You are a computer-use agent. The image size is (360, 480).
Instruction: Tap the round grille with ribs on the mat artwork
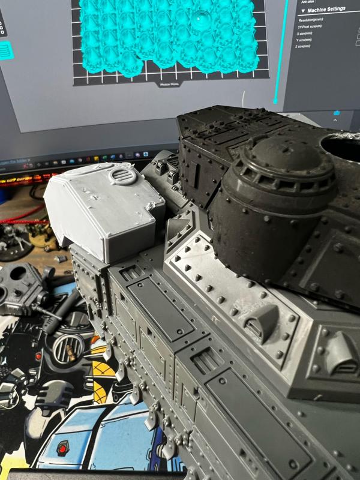click(x=68, y=347)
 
